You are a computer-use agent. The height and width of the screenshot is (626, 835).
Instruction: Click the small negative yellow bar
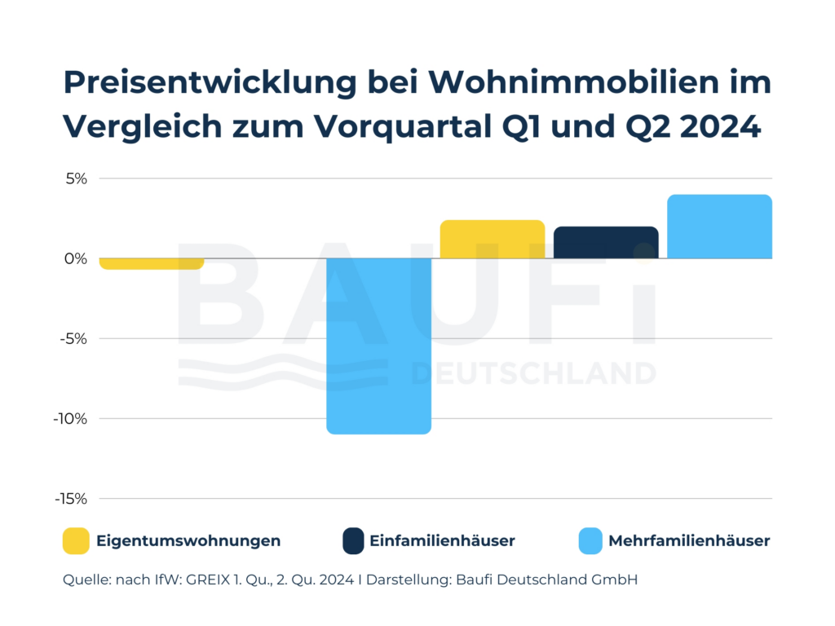point(151,263)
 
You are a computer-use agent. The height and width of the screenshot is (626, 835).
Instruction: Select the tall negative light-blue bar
point(378,346)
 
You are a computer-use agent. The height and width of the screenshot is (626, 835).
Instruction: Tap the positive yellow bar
point(492,239)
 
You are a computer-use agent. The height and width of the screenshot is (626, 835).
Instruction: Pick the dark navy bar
point(606,242)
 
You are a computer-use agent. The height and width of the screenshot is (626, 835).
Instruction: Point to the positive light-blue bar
point(719,227)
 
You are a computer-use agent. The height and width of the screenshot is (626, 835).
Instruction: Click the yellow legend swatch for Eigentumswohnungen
point(76,540)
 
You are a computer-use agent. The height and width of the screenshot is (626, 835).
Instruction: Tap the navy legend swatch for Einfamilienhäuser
point(353,540)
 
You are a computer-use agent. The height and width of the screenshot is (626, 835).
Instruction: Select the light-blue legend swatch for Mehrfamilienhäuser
point(590,540)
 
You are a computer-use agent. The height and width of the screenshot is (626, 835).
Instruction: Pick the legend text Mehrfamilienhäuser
point(689,540)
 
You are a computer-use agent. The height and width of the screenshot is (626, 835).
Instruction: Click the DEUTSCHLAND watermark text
point(534,373)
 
